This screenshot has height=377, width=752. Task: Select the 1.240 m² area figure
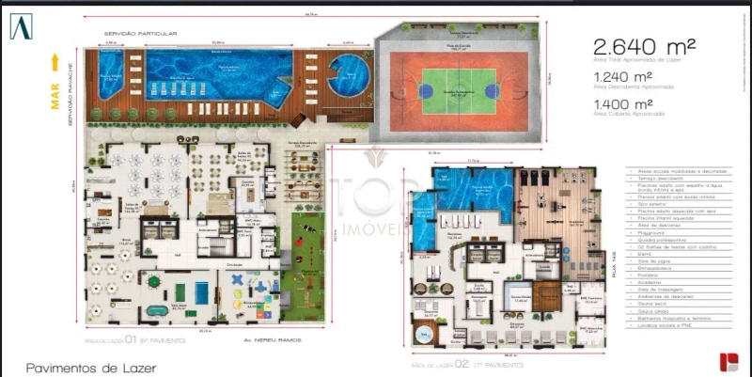click(x=621, y=76)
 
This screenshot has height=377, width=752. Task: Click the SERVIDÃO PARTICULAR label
click(x=141, y=34)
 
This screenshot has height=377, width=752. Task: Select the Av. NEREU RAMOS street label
click(x=232, y=339)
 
